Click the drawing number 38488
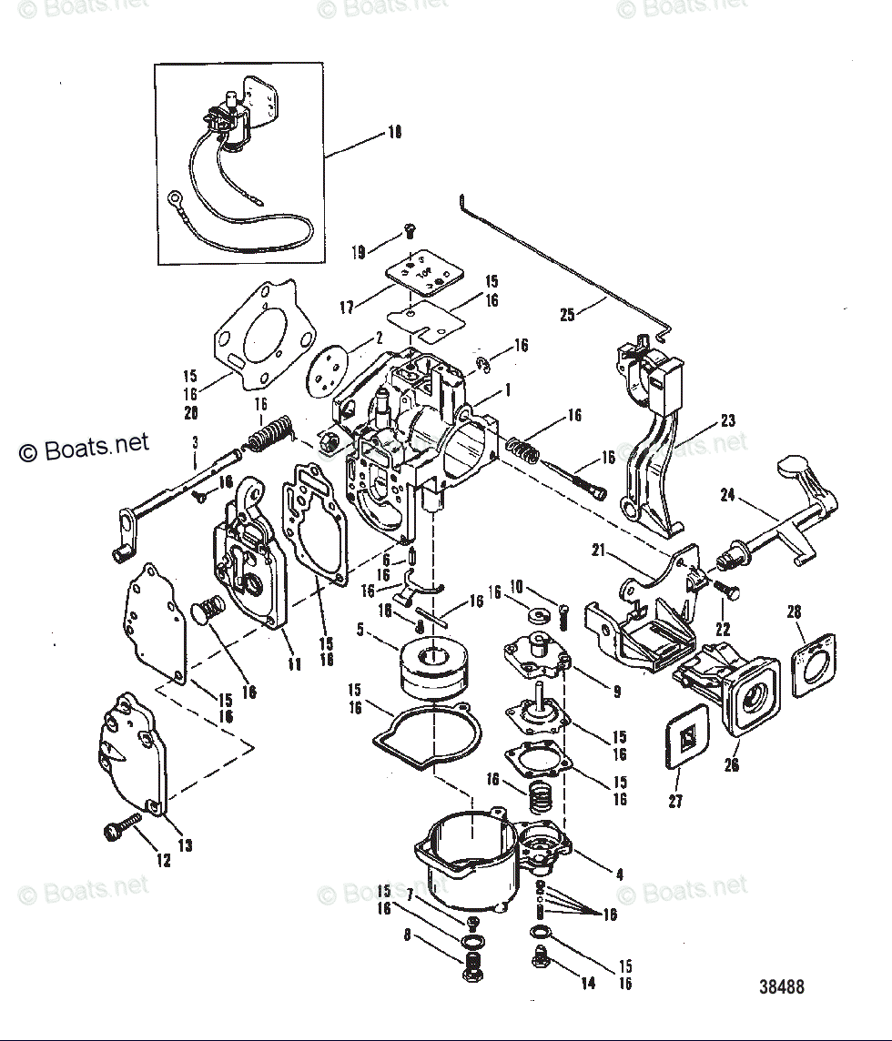pos(782,986)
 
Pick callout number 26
pos(732,765)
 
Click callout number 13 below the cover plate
pos(185,845)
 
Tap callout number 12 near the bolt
pos(163,859)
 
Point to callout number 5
pos(360,627)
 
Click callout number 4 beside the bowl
pos(619,874)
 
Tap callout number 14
pos(588,983)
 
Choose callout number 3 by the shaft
pos(195,442)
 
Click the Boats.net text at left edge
pos(84,447)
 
